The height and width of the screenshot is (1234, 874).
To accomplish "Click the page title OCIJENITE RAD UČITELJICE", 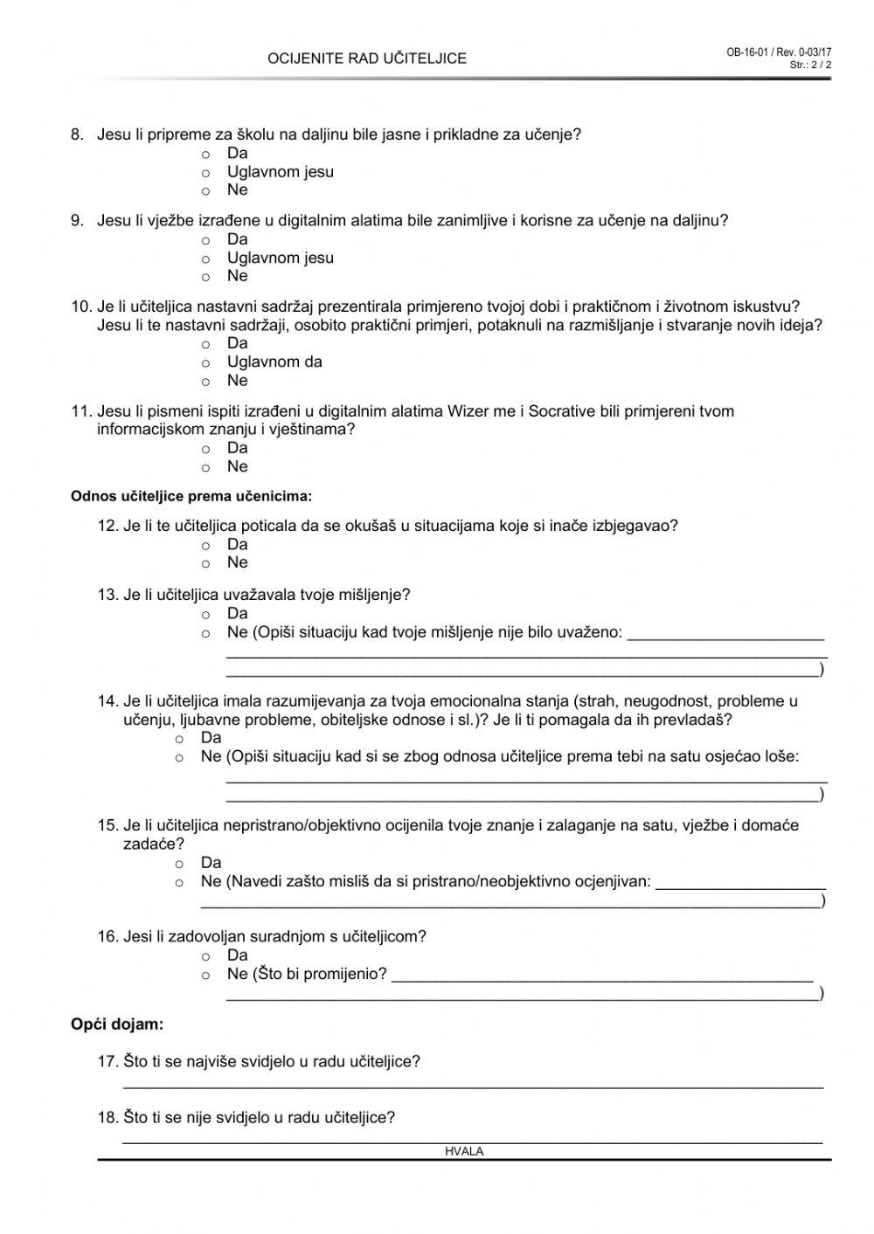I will (367, 59).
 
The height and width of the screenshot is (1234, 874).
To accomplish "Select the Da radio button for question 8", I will (206, 155).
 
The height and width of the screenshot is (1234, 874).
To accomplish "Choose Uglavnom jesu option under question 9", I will (206, 259).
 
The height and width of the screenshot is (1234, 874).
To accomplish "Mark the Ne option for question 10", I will (206, 382).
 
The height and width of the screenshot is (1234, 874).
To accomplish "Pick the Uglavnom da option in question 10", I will (206, 362).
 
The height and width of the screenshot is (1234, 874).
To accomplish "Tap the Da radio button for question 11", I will (206, 449).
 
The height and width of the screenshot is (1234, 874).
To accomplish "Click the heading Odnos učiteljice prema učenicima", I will (191, 497).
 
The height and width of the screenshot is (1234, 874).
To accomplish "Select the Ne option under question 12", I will (206, 563).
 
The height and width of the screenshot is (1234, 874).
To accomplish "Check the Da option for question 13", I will (206, 615).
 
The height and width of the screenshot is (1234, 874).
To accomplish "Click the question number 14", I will (108, 701).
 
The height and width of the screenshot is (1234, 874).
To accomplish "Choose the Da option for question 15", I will (180, 864).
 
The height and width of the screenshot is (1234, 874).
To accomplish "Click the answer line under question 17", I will (472, 1086).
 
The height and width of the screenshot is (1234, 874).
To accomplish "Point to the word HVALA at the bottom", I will (464, 1152).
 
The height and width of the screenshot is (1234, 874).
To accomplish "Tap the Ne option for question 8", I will (206, 191).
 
